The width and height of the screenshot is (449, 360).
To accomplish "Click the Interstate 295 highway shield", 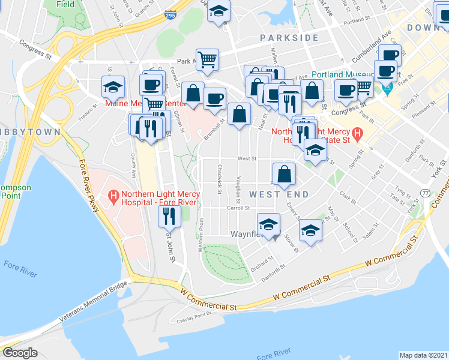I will [170, 17].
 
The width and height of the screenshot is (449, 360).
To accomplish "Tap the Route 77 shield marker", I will [425, 193].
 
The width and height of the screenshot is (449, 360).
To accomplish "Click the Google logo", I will [20, 353].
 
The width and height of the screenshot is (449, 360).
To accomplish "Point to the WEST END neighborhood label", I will [279, 194].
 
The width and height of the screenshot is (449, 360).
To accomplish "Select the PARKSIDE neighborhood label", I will [289, 38].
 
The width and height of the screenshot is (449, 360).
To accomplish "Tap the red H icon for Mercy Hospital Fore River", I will [113, 196].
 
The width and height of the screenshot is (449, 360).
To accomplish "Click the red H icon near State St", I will [358, 134].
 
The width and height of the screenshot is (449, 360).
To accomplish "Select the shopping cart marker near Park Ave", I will [207, 59].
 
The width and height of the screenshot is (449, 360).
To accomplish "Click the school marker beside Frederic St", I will [113, 87].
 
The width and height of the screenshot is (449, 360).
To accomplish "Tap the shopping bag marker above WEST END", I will [285, 173].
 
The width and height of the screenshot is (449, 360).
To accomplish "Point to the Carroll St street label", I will [238, 208].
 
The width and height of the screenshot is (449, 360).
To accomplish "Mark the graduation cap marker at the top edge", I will [219, 12].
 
